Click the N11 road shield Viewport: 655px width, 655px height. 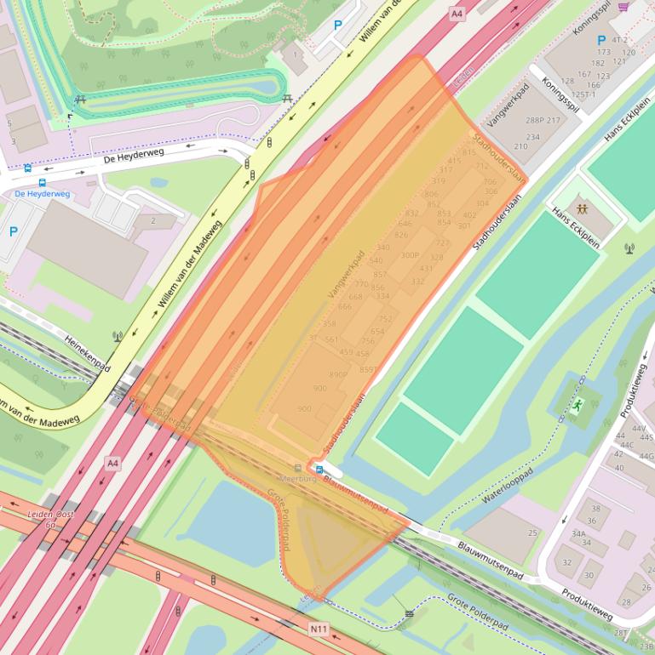pos(319,629)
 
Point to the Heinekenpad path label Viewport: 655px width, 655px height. pos(89,352)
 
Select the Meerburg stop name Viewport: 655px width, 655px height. pos(298,479)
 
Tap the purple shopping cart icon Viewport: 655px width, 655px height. pos(623,7)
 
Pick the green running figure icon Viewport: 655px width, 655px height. pos(578,406)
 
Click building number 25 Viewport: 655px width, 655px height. pos(533,533)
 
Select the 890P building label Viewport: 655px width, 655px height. pos(338,374)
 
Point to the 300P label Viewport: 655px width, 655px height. pos(410,255)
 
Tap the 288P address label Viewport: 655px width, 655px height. pos(535,121)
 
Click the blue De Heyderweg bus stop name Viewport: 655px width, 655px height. pos(43,194)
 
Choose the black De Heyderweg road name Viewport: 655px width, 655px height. pos(134,157)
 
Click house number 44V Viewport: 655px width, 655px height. pos(639,428)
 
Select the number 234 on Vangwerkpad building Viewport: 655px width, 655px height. pos(533,137)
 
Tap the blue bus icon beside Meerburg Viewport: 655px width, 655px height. pos(319,469)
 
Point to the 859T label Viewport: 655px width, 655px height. pos(368,370)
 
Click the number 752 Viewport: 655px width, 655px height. pos(386,319)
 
